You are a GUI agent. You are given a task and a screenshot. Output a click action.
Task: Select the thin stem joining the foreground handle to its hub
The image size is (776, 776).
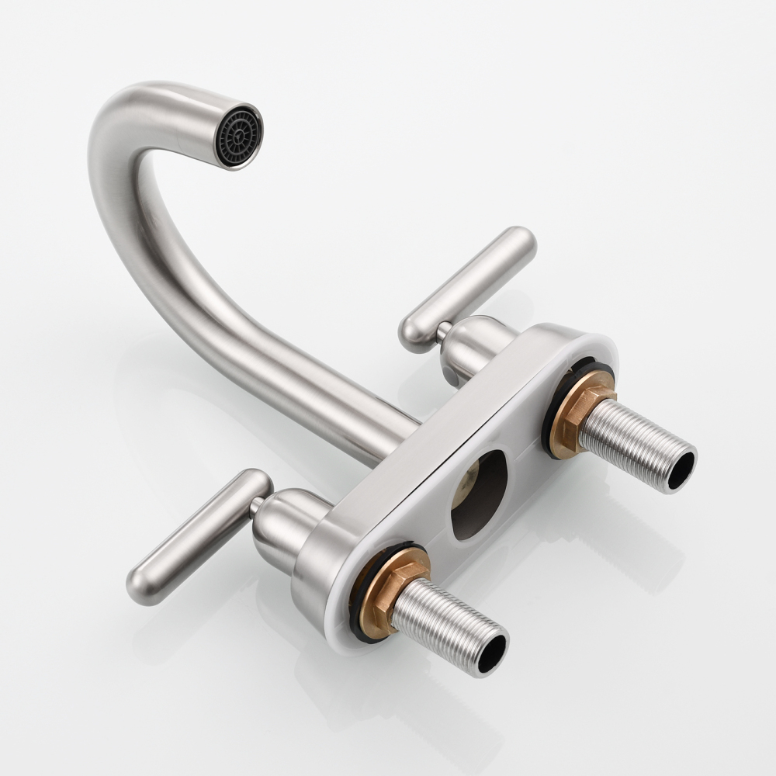[255, 506]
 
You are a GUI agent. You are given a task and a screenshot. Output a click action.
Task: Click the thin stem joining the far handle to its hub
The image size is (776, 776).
[442, 331]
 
